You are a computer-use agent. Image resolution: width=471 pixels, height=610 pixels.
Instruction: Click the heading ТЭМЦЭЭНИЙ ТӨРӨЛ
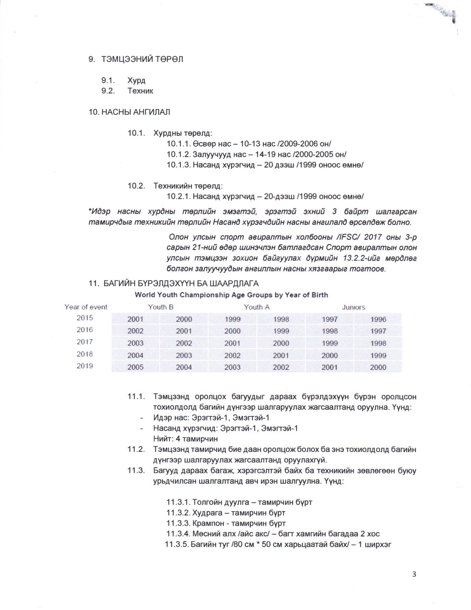click(142, 60)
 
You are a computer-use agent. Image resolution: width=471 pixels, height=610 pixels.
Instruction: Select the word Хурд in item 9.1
click(136, 80)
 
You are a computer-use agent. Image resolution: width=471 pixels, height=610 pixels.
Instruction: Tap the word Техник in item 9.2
click(140, 91)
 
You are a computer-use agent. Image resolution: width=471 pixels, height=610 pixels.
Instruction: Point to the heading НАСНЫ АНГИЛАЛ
click(135, 112)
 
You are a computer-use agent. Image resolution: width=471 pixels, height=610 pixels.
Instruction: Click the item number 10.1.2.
click(179, 154)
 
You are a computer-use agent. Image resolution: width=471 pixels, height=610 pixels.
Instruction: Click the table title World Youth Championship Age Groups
click(231, 295)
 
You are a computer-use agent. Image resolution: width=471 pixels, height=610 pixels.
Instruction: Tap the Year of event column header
click(86, 307)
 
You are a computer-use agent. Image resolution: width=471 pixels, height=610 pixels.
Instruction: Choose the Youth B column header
click(161, 307)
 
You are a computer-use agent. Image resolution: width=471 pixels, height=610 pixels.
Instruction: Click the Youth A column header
click(257, 307)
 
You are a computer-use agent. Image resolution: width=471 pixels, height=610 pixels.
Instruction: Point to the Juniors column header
click(354, 307)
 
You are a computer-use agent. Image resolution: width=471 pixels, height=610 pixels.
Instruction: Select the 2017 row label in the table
click(85, 342)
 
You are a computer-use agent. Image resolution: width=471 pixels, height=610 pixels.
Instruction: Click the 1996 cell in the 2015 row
click(378, 319)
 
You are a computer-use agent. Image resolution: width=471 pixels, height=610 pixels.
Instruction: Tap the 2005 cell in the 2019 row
click(135, 367)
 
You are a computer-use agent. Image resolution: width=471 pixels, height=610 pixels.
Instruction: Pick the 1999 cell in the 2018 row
click(378, 355)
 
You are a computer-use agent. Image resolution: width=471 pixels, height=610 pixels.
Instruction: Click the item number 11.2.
click(136, 449)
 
